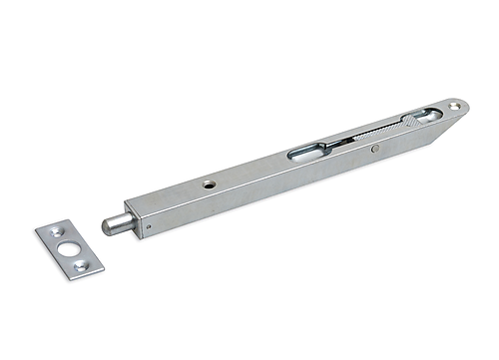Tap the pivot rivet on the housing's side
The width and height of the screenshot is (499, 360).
[372, 150]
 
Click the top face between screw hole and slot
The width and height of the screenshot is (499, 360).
[249, 172]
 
